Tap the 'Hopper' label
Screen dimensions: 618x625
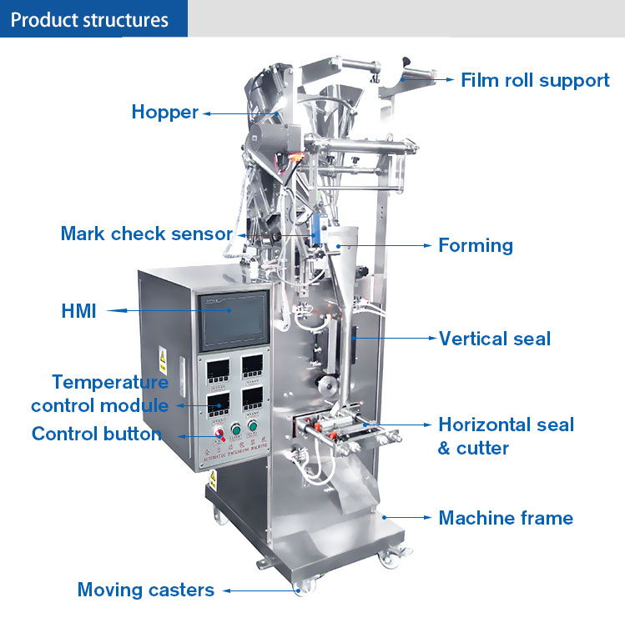click(165, 112)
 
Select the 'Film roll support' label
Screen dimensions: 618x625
click(535, 81)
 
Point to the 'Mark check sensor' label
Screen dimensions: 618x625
click(146, 234)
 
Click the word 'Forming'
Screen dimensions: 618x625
click(476, 245)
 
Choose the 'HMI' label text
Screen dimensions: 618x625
click(78, 312)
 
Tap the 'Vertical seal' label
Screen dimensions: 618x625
click(495, 339)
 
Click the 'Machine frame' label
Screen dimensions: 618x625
click(506, 518)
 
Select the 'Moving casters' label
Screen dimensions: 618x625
click(145, 590)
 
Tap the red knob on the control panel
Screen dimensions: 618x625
click(220, 435)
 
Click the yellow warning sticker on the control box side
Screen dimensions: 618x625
click(162, 360)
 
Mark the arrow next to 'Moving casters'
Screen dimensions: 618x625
click(259, 590)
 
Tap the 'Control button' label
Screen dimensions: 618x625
click(96, 434)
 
